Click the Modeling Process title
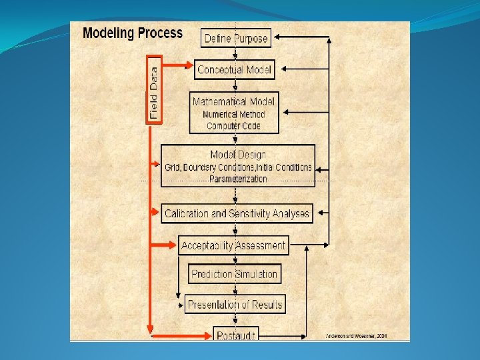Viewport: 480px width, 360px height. pyautogui.click(x=132, y=33)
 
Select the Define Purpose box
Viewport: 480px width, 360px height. pyautogui.click(x=235, y=38)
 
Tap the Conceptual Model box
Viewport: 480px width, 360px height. pyautogui.click(x=235, y=69)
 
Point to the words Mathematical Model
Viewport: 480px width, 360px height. pyautogui.click(x=233, y=102)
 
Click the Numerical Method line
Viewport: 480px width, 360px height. pyautogui.click(x=233, y=114)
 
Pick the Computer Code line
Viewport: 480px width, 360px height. pyautogui.click(x=233, y=125)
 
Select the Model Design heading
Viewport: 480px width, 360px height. pyautogui.click(x=238, y=155)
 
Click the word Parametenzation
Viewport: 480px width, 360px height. pyautogui.click(x=238, y=179)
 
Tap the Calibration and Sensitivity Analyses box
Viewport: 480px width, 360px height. pyautogui.click(x=237, y=214)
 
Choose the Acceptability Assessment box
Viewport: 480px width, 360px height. pyautogui.click(x=233, y=245)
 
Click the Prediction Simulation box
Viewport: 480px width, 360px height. pyautogui.click(x=234, y=274)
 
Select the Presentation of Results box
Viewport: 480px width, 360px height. pyautogui.click(x=235, y=305)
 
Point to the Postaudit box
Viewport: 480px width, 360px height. pyautogui.click(x=235, y=335)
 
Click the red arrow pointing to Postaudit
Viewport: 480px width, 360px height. pyautogui.click(x=180, y=332)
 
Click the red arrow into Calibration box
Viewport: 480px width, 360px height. pyautogui.click(x=157, y=213)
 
